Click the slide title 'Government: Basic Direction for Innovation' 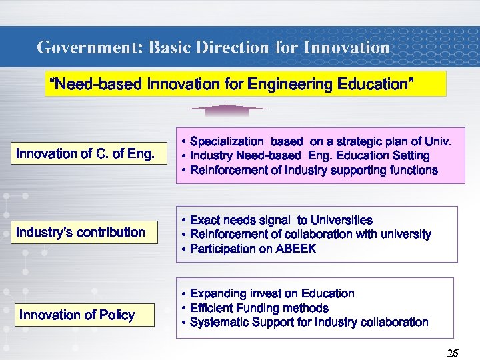213,47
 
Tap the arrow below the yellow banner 227,108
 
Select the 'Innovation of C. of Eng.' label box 85,154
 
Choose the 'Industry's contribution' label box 81,232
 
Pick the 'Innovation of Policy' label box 77,315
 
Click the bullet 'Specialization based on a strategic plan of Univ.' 320,141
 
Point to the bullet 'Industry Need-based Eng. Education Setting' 309,155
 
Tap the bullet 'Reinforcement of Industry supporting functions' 313,170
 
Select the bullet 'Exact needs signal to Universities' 281,220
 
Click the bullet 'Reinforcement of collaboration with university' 310,234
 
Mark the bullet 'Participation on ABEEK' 253,249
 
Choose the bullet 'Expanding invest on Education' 272,293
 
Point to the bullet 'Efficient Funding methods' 259,308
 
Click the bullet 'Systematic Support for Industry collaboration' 309,322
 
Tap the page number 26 452,353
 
